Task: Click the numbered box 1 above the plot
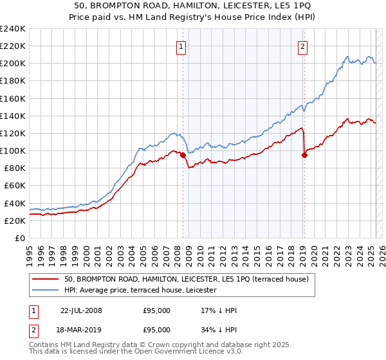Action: pyautogui.click(x=181, y=46)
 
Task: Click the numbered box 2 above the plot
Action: pyautogui.click(x=302, y=46)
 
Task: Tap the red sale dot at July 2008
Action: pyautogui.click(x=183, y=155)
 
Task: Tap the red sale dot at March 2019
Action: pyautogui.click(x=304, y=155)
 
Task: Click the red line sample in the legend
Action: pyautogui.click(x=46, y=279)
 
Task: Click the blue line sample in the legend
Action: pyautogui.click(x=46, y=290)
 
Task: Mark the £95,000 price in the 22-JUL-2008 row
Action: pyautogui.click(x=156, y=310)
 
